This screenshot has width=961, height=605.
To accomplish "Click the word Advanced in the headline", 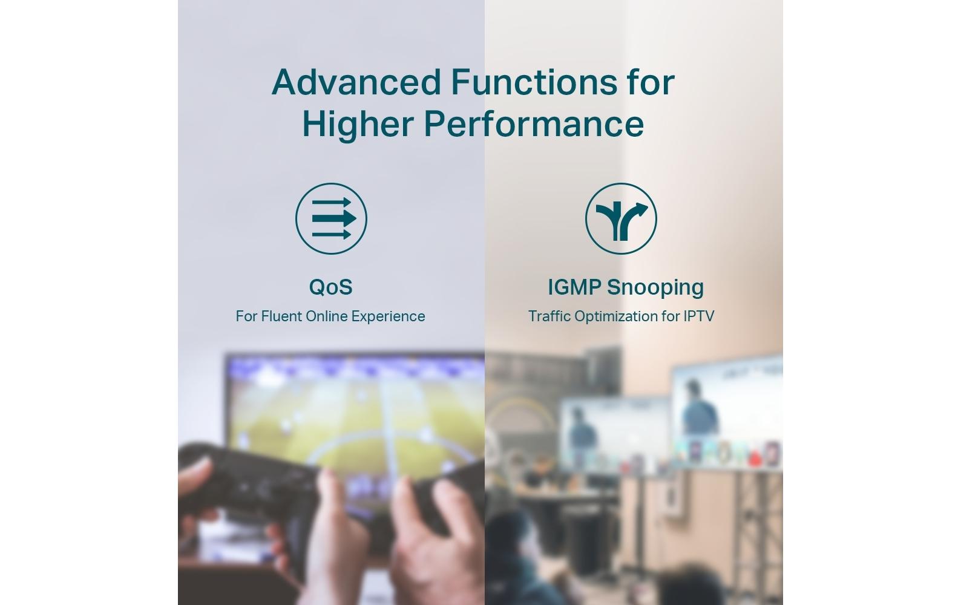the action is (x=356, y=82).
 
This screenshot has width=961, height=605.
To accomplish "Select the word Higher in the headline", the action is (x=358, y=125).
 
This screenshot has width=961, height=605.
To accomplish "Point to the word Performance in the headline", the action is (x=534, y=124).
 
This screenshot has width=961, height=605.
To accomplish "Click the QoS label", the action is (x=331, y=287).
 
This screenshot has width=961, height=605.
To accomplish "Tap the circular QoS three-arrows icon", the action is (x=331, y=218).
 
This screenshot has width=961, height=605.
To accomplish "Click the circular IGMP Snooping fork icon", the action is (x=621, y=218).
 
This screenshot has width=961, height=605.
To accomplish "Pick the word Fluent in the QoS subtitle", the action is (x=280, y=316).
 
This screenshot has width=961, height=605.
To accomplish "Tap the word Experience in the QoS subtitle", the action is (x=389, y=317).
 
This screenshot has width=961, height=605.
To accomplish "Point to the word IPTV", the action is (x=698, y=316).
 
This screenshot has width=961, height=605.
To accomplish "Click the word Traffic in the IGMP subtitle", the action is (x=549, y=316).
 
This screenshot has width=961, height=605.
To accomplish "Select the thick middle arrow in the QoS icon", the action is (x=334, y=218).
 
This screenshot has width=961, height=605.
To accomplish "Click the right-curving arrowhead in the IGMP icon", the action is (x=640, y=208).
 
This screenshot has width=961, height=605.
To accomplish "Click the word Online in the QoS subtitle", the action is (x=326, y=316).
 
